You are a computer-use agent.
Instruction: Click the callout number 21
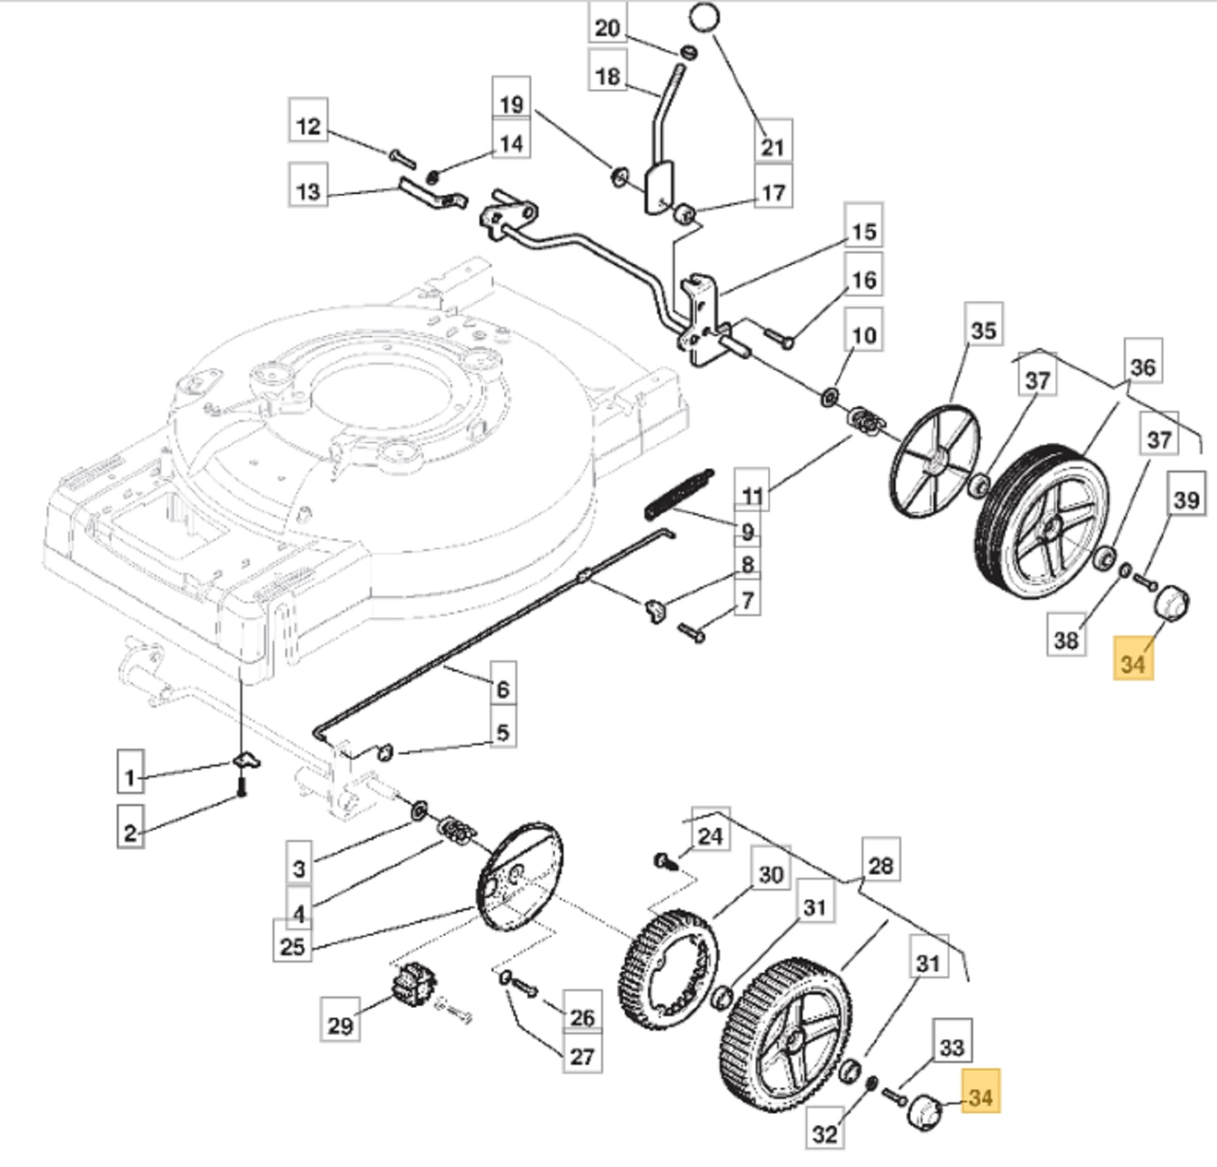772,147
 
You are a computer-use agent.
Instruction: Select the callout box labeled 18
608,76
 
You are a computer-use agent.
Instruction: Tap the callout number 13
308,191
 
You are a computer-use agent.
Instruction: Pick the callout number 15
863,232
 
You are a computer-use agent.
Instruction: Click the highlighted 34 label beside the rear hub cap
1133,664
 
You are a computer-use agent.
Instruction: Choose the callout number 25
293,947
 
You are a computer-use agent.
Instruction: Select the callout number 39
1187,499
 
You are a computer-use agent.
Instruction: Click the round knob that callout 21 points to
704,17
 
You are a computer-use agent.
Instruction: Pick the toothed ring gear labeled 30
668,971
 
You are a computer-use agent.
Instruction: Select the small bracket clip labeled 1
246,761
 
